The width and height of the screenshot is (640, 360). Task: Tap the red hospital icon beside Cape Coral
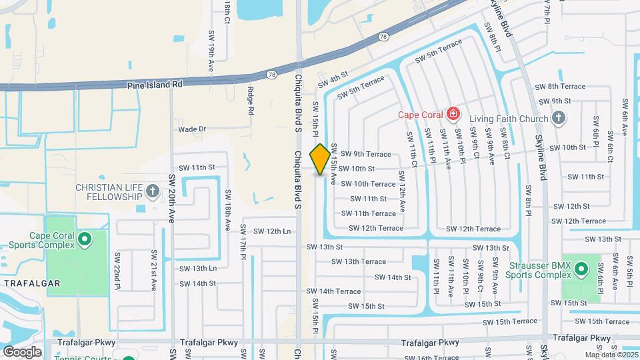(x=454, y=114)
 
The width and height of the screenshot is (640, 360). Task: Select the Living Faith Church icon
(x=559, y=119)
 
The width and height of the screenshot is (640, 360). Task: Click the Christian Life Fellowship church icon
(x=153, y=192)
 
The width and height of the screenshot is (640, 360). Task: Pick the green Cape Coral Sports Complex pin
(x=84, y=239)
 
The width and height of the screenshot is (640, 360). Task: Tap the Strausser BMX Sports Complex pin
(x=581, y=270)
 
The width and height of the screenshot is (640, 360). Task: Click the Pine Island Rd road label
(x=155, y=85)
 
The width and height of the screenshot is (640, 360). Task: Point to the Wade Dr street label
(x=192, y=129)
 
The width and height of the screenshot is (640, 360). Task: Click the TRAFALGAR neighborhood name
(x=33, y=283)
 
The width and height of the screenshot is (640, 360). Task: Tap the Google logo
(x=22, y=351)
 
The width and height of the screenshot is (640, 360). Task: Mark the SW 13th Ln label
(x=198, y=268)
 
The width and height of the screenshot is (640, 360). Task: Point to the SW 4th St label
(x=333, y=80)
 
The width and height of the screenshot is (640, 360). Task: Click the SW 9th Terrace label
(x=366, y=154)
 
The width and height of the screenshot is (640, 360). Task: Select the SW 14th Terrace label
(x=333, y=291)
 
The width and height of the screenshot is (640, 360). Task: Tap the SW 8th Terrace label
(x=561, y=86)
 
